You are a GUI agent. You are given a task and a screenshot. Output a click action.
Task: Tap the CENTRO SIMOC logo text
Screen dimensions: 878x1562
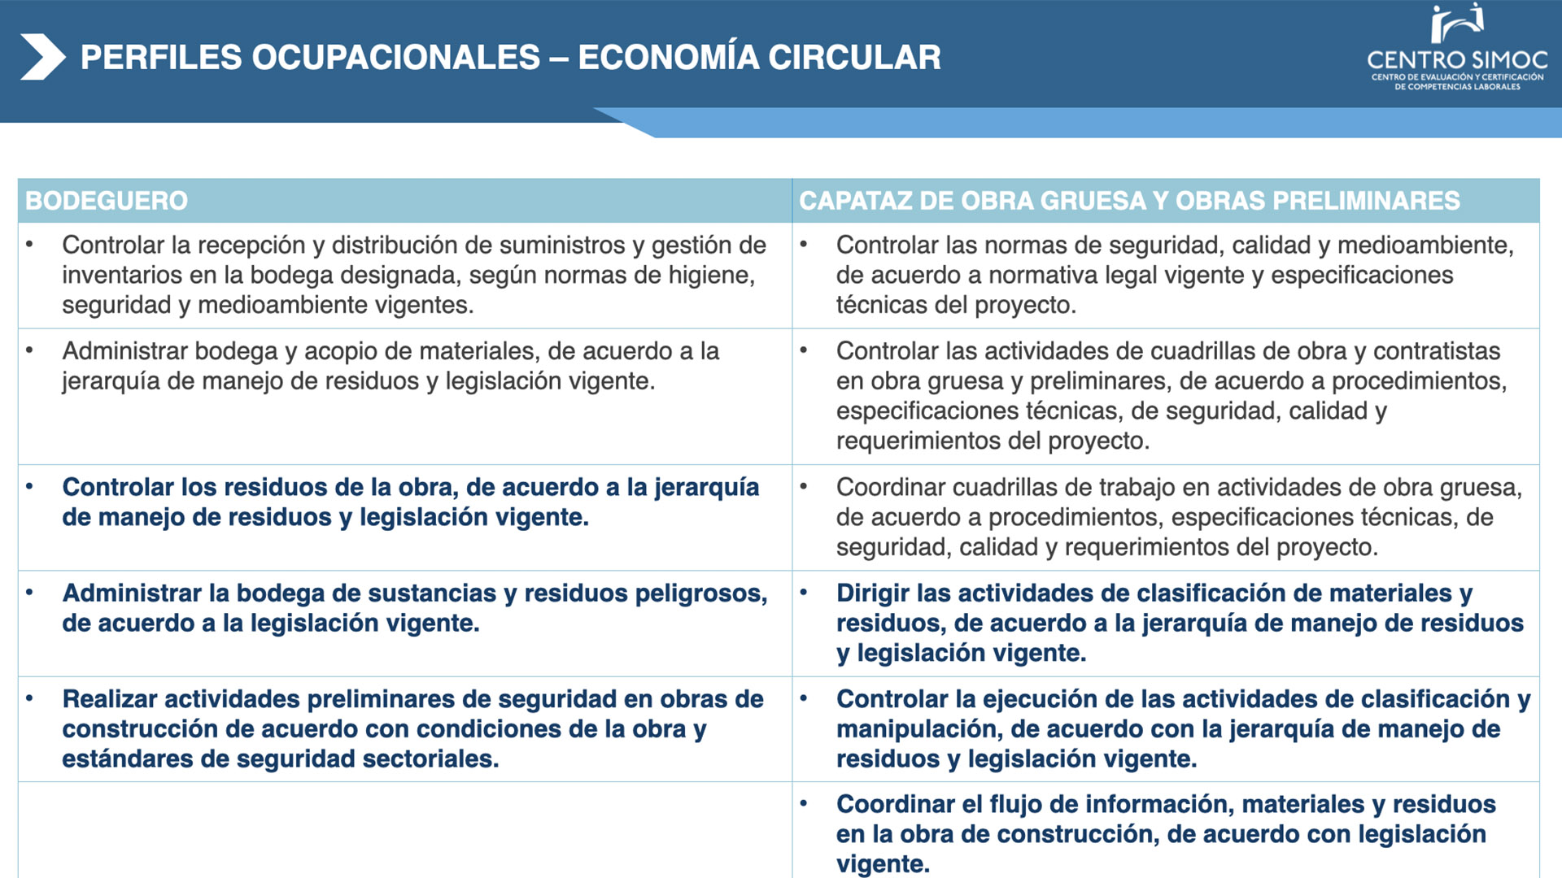point(1457,60)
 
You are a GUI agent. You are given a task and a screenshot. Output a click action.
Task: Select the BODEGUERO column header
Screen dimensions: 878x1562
point(107,201)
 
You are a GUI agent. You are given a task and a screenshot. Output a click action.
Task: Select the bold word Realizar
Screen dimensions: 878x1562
point(110,699)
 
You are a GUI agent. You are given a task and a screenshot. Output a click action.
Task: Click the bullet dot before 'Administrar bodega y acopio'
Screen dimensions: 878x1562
point(30,350)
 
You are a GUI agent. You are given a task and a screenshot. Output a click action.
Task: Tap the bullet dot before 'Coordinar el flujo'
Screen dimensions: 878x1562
point(804,803)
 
